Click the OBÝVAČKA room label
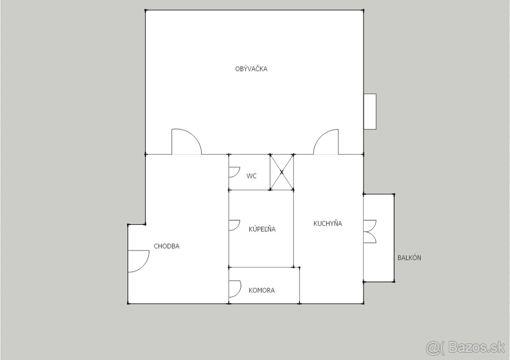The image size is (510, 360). pos(251,69)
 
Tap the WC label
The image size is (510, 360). pos(251,176)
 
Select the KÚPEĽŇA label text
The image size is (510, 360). pos(262,229)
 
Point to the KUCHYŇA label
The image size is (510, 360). pos(328,223)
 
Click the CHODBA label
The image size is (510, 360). pos(167,246)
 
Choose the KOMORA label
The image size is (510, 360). pos(262,290)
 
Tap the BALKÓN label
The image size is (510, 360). pos(409,258)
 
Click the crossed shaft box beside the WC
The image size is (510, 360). pos(282,172)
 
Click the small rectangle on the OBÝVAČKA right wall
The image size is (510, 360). pos(370,112)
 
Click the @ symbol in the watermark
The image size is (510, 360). pos(433,348)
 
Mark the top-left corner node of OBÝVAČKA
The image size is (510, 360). pos(145,10)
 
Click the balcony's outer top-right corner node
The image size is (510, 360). pos(394,194)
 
